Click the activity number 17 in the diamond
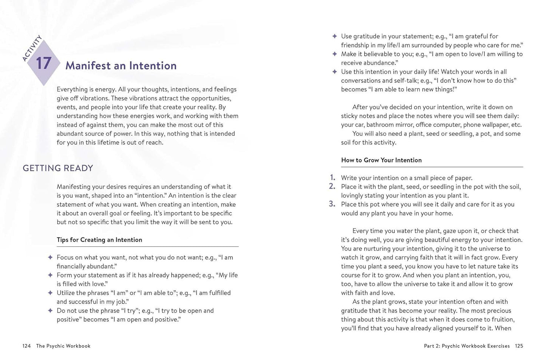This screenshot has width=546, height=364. [x=43, y=63]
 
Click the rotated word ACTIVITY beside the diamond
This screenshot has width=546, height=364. [x=32, y=48]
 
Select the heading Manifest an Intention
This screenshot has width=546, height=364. [x=121, y=66]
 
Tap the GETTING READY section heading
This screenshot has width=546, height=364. [x=58, y=168]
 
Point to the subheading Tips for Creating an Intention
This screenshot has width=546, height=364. [x=99, y=240]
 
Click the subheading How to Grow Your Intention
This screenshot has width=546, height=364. [x=381, y=160]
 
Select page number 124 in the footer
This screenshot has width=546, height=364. [x=26, y=346]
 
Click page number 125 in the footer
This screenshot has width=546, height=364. [x=519, y=346]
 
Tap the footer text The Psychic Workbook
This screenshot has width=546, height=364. [x=63, y=346]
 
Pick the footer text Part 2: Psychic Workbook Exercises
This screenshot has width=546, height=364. [x=467, y=346]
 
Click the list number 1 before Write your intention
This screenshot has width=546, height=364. [x=333, y=177]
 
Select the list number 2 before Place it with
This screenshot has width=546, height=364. [x=332, y=186]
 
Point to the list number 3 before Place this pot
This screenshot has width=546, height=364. [x=332, y=204]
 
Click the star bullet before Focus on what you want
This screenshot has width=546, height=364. [x=50, y=257]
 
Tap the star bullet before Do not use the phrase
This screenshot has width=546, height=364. [x=50, y=311]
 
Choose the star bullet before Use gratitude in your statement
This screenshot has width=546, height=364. [x=334, y=36]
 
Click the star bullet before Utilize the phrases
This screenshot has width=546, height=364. [x=50, y=293]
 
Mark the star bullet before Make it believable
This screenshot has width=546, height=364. [x=334, y=54]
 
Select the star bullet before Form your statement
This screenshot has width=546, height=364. [x=50, y=275]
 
